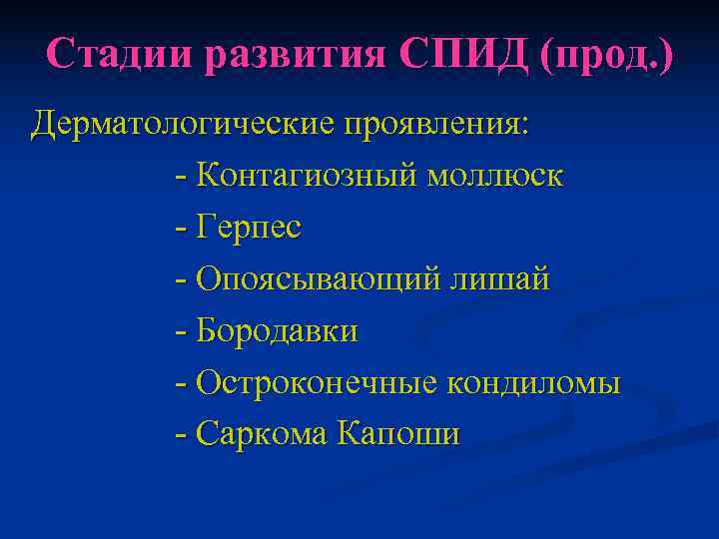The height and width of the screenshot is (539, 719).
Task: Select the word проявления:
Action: click(x=438, y=126)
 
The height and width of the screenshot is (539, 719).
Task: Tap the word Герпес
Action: click(x=249, y=229)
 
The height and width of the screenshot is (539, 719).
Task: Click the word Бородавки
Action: click(x=277, y=331)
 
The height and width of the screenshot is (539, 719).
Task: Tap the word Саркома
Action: click(x=263, y=434)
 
